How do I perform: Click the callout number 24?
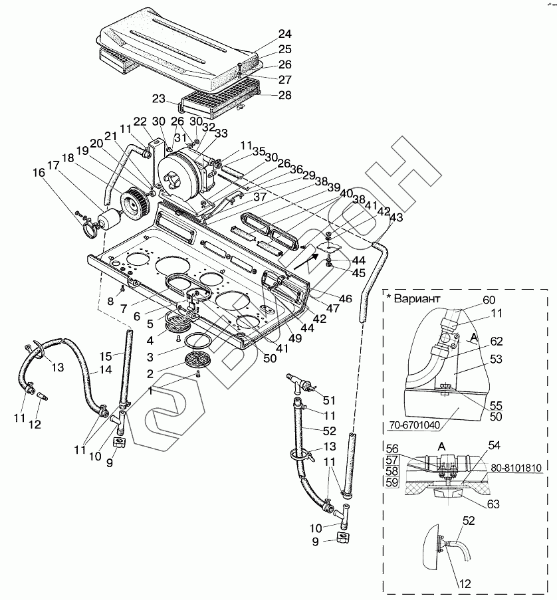pos(285,34)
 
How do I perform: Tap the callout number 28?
pos(285,95)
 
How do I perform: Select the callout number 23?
pos(158,99)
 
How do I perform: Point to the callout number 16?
pos(39,173)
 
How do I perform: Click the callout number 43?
pos(397,217)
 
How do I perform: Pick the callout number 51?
pos(329,400)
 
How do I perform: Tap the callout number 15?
pos(106,356)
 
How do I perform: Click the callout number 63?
pos(493,504)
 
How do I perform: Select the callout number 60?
pos(489,300)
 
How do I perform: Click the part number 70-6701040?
pos(414,425)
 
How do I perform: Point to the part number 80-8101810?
pos(516,468)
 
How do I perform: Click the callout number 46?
pos(346,298)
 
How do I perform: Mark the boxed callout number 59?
pos(392,482)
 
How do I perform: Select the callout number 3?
pos(150,357)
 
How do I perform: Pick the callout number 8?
pos(110,301)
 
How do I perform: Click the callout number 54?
pos(495,445)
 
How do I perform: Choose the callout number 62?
pos(496,341)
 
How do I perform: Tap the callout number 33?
pos(221,133)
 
